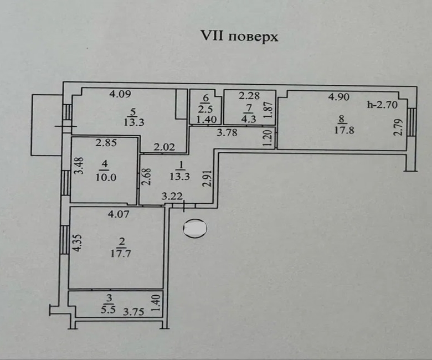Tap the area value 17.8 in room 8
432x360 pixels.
[x=342, y=131]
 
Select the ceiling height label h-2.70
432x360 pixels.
[x=379, y=104]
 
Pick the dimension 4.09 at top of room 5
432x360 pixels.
[x=119, y=94]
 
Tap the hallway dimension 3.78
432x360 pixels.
[x=227, y=132]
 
